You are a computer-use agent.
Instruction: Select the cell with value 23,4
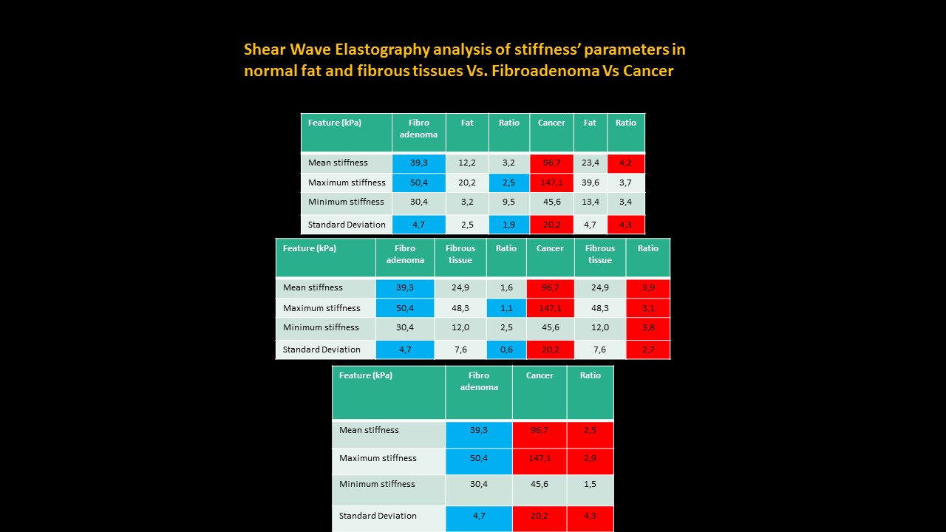click(590, 163)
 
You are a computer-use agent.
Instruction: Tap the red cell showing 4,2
click(625, 163)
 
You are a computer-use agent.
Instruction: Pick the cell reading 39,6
click(590, 183)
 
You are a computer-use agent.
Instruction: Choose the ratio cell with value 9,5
click(508, 202)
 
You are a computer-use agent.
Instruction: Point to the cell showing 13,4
click(590, 202)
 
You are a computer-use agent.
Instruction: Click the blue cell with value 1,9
click(508, 225)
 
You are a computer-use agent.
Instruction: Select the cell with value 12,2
click(467, 163)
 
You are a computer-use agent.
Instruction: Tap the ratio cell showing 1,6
click(506, 288)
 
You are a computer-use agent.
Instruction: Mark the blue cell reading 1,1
click(506, 308)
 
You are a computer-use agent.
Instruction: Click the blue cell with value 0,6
click(506, 349)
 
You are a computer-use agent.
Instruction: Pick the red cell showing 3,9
click(648, 288)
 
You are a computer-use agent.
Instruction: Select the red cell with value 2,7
click(648, 349)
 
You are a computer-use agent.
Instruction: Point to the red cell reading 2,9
click(590, 459)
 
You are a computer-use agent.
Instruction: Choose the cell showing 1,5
click(590, 484)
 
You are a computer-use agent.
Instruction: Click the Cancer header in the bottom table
click(540, 375)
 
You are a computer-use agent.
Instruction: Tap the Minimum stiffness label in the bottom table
click(377, 484)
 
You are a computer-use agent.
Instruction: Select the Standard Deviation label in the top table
click(347, 225)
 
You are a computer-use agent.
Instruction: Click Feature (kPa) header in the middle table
click(310, 248)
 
